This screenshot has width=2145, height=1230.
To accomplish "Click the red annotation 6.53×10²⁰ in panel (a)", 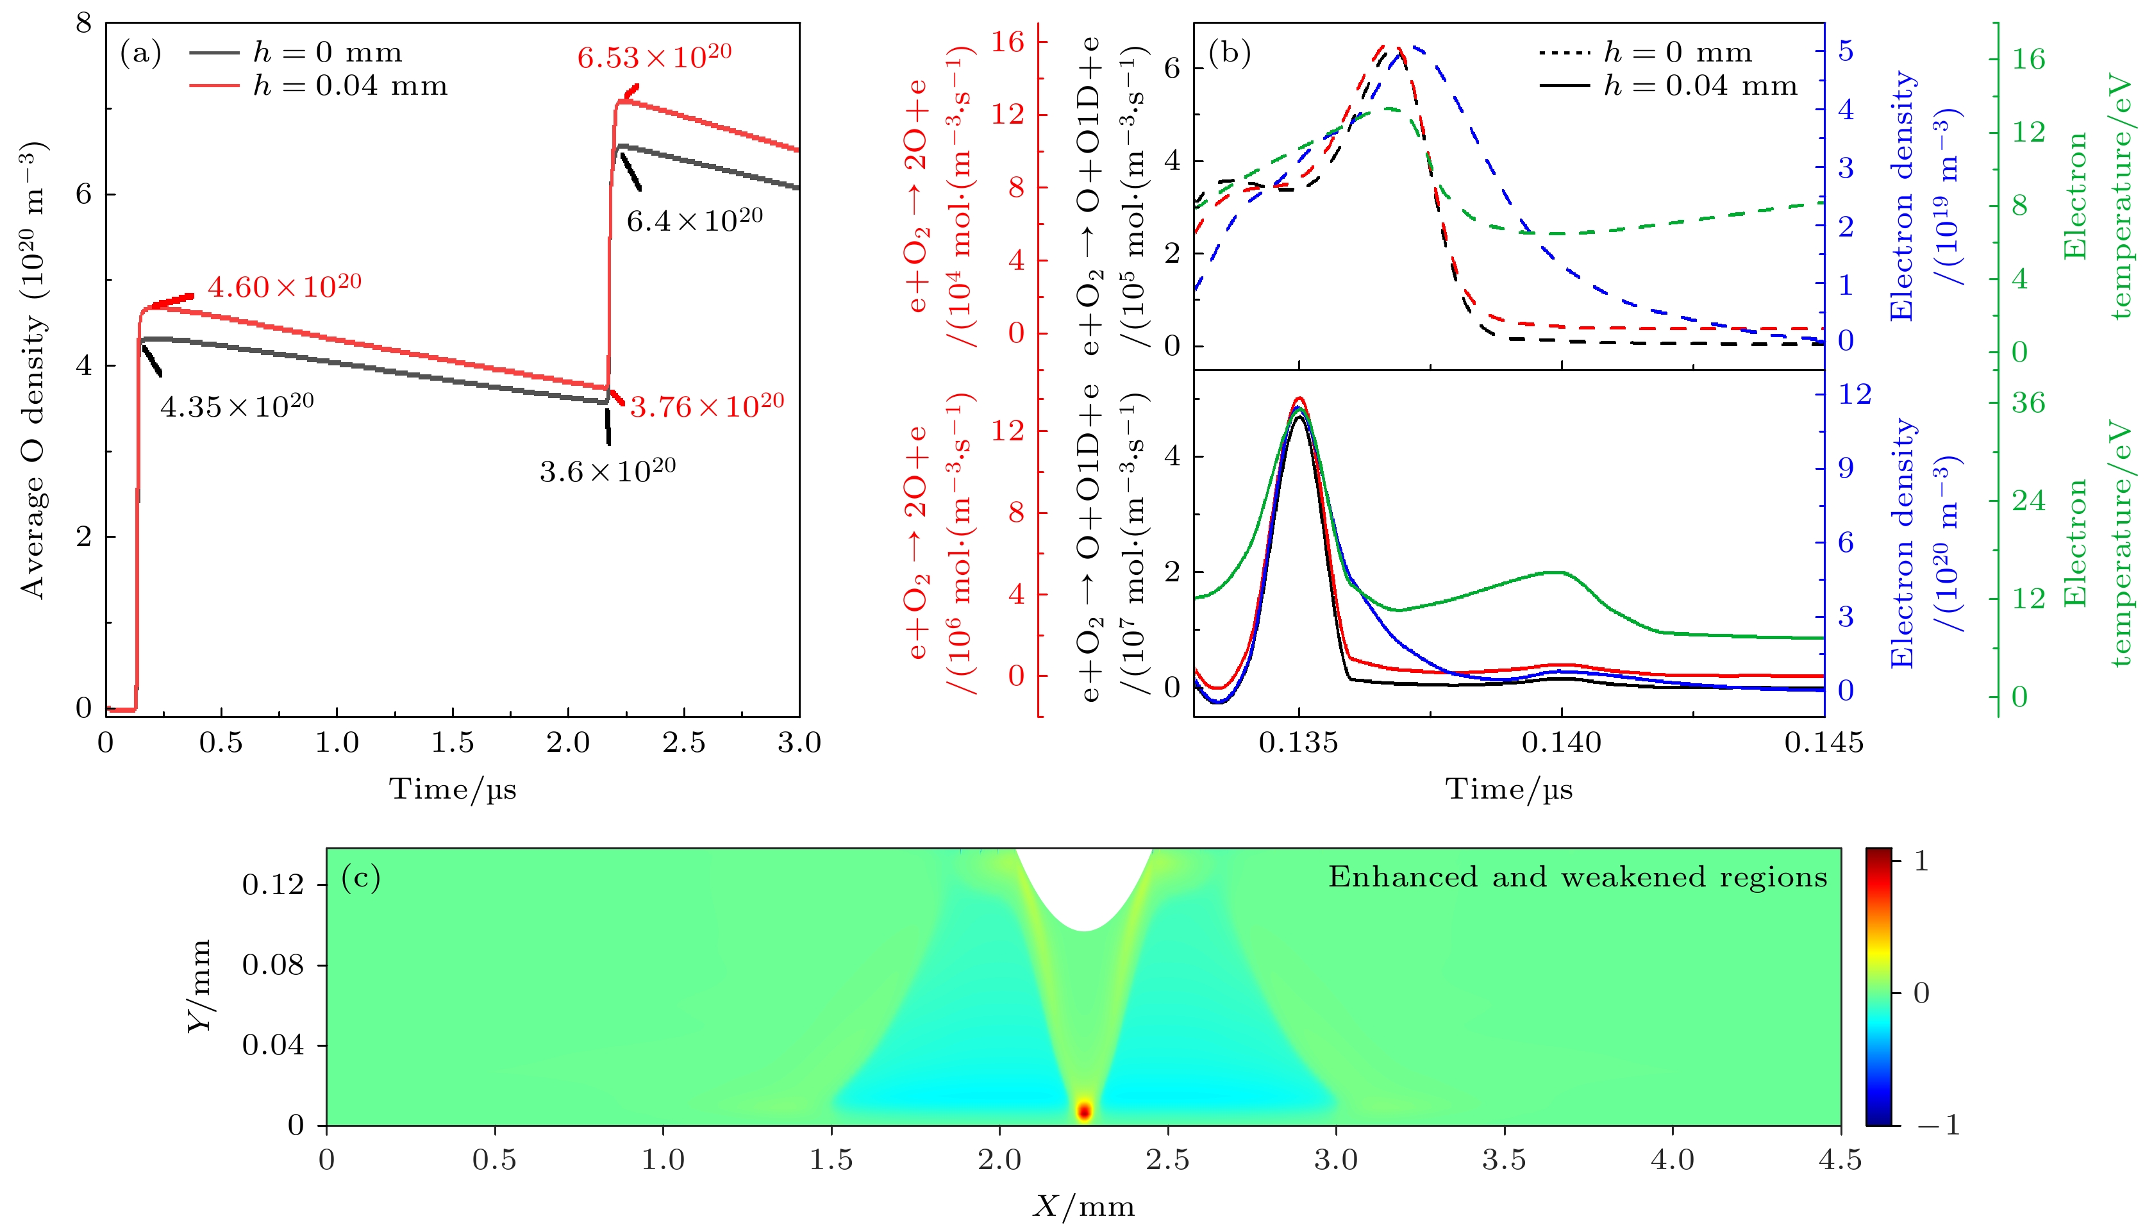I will [x=654, y=56].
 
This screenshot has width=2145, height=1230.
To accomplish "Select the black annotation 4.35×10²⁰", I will [x=237, y=406].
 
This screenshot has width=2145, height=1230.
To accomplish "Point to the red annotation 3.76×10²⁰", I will [x=706, y=406].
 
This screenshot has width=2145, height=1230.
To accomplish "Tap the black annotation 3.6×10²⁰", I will [x=608, y=470].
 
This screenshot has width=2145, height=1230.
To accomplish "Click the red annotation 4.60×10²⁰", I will [x=284, y=287].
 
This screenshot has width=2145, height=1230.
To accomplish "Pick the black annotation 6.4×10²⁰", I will [x=694, y=220].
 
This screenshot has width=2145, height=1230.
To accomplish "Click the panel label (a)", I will [x=140, y=53].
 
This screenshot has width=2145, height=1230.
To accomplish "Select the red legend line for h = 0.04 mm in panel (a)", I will [x=215, y=85].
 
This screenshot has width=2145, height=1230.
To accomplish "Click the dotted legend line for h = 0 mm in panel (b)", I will [x=1565, y=53].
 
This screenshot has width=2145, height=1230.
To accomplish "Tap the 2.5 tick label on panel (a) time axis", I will [x=683, y=743].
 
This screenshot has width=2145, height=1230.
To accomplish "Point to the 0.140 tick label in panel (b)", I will [x=1561, y=743].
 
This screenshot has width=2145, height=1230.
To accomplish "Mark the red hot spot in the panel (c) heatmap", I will [x=1084, y=1111].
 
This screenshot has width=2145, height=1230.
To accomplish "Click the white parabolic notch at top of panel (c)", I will [x=1085, y=883].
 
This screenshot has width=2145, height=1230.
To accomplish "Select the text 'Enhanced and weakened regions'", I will [x=1577, y=877].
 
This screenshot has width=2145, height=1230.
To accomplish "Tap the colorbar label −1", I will [x=1937, y=1126].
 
